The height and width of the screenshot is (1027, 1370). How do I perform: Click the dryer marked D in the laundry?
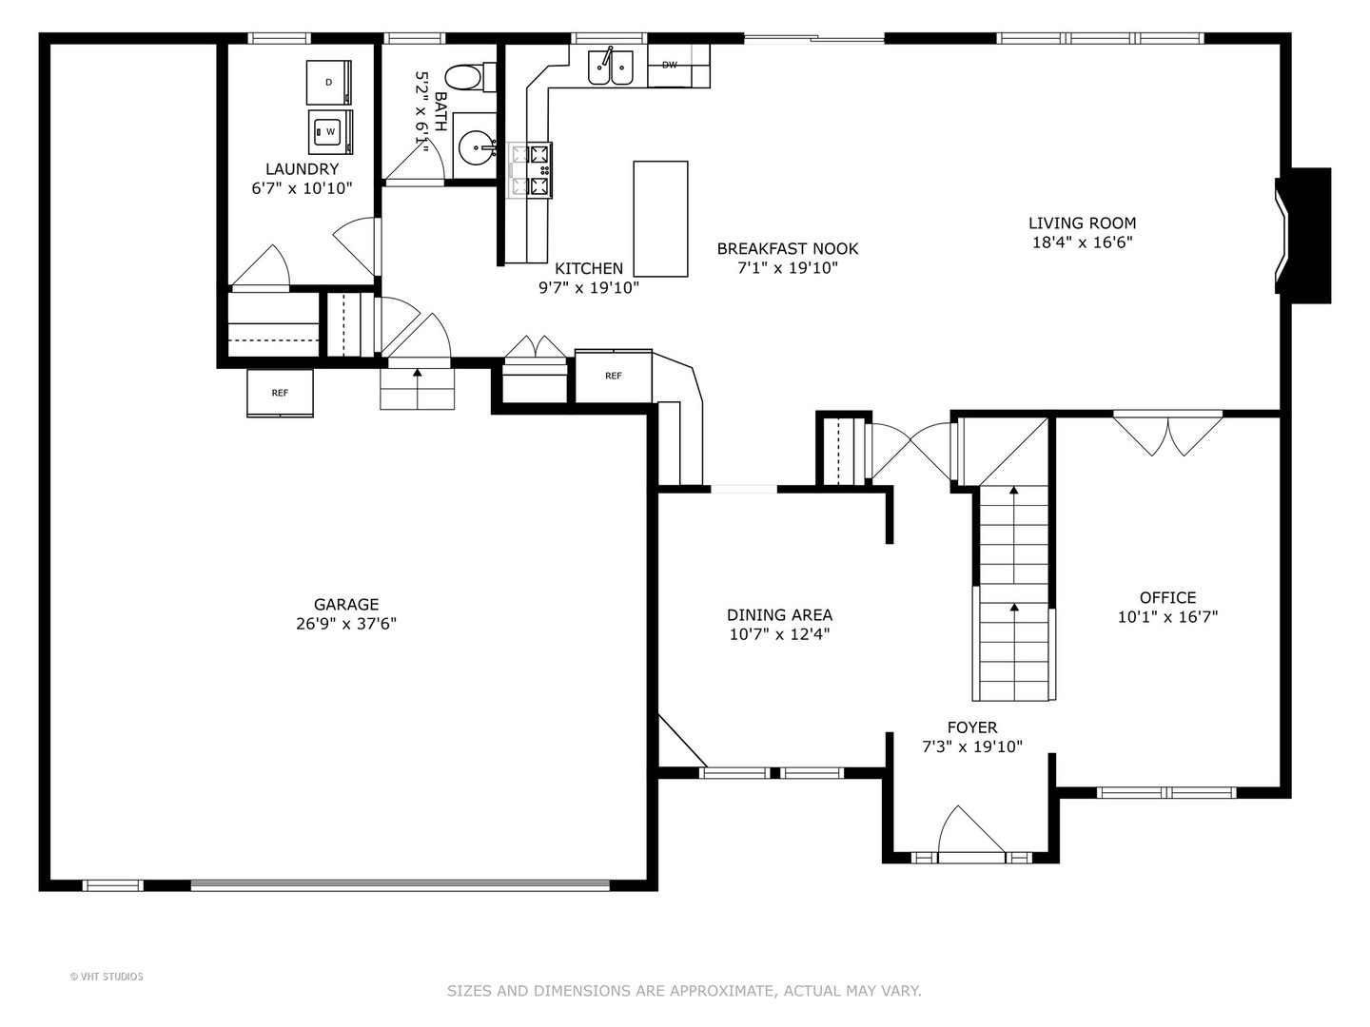point(329,83)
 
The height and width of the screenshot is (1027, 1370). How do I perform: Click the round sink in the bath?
point(476,147)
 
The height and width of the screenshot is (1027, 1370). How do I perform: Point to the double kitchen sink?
point(611,67)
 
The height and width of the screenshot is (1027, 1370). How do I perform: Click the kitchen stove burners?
point(530,170)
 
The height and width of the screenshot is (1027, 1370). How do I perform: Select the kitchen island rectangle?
point(660,219)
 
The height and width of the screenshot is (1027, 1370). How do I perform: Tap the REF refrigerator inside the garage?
point(280,393)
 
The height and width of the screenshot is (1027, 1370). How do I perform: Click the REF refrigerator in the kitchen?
point(614,377)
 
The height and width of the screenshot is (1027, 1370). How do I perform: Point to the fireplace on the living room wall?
point(1304,235)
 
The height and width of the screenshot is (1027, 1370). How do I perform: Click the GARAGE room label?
point(346,604)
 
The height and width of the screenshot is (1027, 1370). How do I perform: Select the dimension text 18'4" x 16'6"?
point(1082,242)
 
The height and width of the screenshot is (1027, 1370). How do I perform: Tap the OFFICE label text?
point(1167,597)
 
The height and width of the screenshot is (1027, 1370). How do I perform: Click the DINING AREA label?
point(779,615)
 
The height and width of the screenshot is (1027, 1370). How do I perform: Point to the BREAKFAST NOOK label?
point(787,248)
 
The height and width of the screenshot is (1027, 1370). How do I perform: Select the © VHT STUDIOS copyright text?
point(107,977)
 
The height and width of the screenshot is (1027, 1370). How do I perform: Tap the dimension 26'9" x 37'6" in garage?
point(346,624)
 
